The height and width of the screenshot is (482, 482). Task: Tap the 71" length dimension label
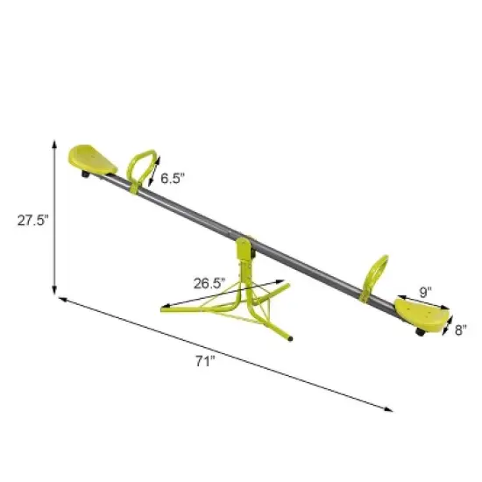click(203, 362)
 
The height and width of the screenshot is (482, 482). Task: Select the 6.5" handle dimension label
click(173, 178)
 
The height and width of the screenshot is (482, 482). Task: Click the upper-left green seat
click(91, 159)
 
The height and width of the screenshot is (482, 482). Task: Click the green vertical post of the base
click(247, 280)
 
